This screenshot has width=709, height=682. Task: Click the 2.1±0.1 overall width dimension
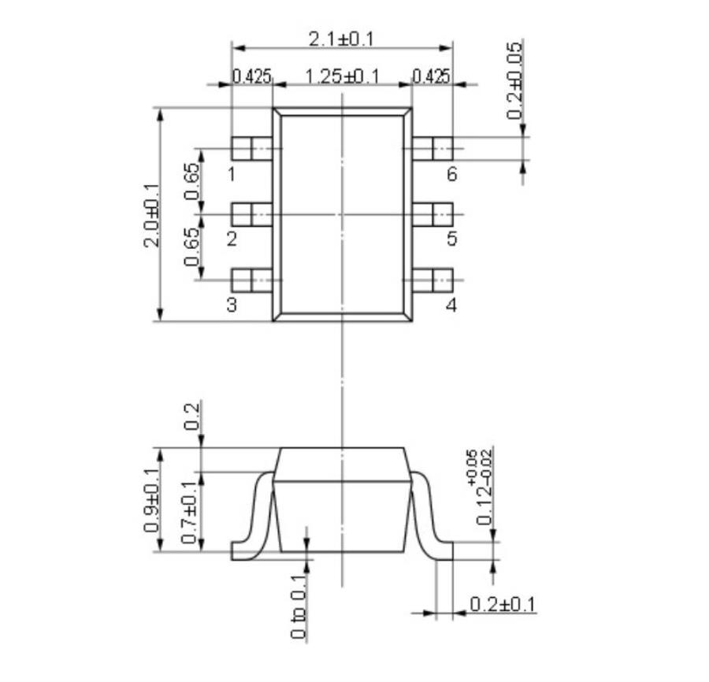(x=342, y=37)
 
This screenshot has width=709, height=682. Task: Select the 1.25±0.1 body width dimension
(x=342, y=76)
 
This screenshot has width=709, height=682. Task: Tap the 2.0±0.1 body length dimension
(x=150, y=215)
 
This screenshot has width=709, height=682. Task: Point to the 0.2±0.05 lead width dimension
(x=515, y=80)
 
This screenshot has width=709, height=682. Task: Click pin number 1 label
(x=232, y=174)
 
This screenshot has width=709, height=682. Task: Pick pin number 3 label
(x=232, y=306)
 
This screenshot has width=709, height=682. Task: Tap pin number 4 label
(x=451, y=306)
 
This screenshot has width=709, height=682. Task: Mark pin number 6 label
(x=451, y=174)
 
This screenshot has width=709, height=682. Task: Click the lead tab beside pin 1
(x=251, y=148)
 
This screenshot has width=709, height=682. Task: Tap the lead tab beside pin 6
(x=432, y=148)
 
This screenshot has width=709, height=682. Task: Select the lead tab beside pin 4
(x=432, y=280)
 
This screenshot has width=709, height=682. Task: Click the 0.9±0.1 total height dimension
(x=152, y=501)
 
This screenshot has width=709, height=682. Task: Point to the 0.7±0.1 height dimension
(x=189, y=511)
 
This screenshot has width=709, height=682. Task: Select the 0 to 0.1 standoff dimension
(x=299, y=606)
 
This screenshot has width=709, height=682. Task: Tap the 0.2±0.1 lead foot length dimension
(x=503, y=605)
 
